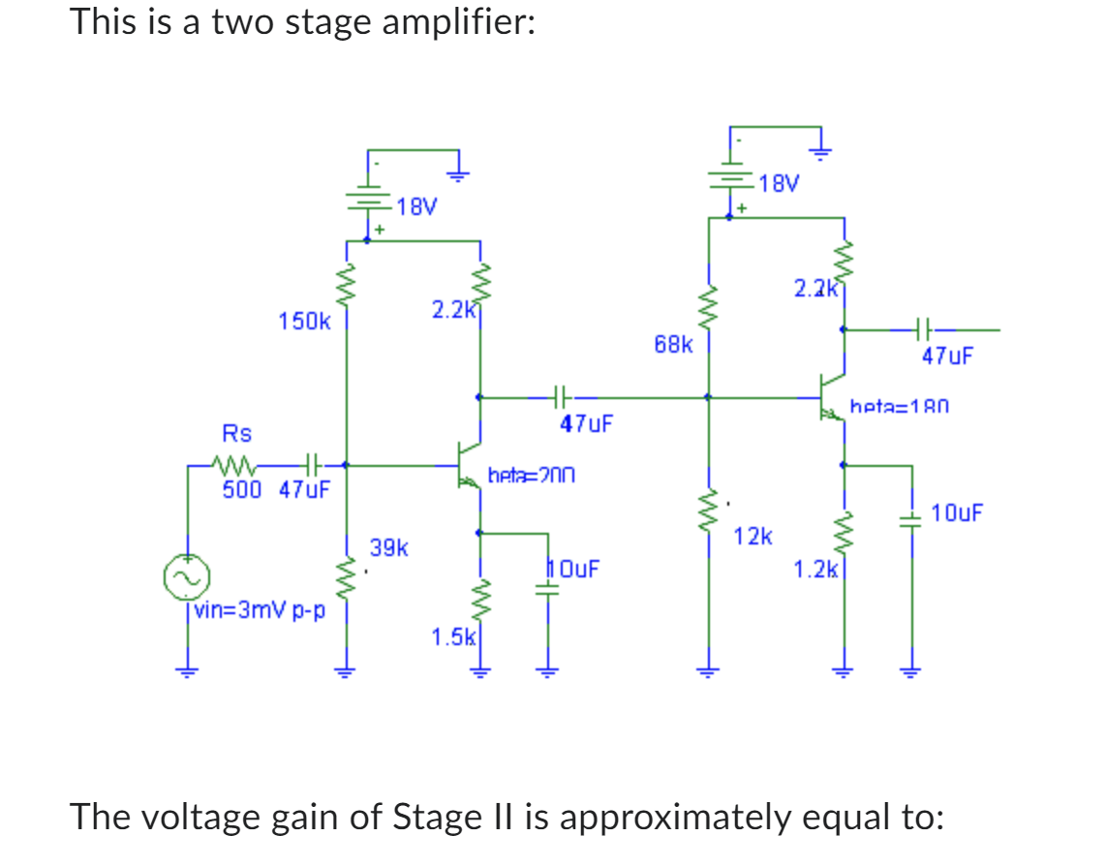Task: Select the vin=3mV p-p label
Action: pyautogui.click(x=260, y=610)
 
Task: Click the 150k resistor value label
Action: pyautogui.click(x=304, y=321)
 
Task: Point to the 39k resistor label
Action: pyautogui.click(x=389, y=549)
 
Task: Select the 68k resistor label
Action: pyautogui.click(x=673, y=344)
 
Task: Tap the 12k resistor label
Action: pyautogui.click(x=753, y=535)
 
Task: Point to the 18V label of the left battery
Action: pyautogui.click(x=417, y=206)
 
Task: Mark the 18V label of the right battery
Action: pyautogui.click(x=780, y=183)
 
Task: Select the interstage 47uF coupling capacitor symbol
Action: pyautogui.click(x=561, y=396)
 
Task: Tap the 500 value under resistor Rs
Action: pyautogui.click(x=242, y=489)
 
